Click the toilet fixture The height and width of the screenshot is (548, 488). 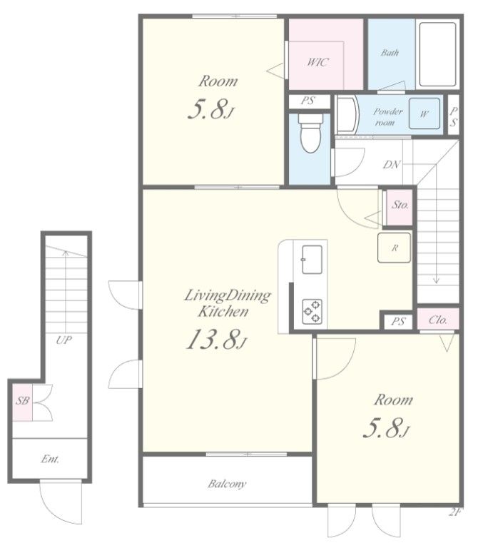click(310, 133)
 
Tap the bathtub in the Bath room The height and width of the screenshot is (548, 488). click(438, 54)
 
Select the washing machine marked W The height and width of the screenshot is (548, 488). click(425, 113)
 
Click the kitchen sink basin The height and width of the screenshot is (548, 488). click(312, 260)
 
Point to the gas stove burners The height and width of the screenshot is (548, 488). click(312, 310)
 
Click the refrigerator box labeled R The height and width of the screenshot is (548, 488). click(394, 248)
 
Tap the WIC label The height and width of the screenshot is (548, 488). click(317, 62)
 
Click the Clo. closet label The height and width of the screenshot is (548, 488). click(437, 320)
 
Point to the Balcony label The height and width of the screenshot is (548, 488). click(227, 484)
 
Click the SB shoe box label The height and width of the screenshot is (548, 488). click(23, 400)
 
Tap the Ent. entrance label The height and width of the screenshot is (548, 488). click(50, 459)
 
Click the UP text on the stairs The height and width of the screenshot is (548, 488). click(64, 340)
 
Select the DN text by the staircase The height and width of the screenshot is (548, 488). click(392, 164)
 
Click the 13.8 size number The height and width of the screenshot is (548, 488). click(214, 340)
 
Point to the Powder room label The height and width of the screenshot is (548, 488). click(387, 117)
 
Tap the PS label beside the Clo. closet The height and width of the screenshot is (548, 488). click(398, 321)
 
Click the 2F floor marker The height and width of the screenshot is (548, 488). click(454, 513)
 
